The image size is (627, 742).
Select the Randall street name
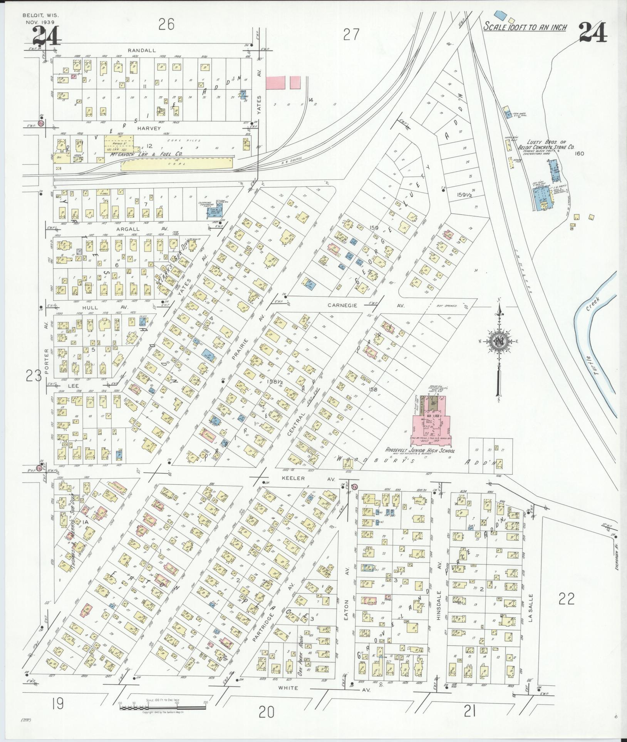(142, 50)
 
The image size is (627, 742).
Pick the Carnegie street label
(343, 305)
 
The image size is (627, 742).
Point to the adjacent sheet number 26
(166, 25)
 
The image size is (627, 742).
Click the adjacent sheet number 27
(351, 35)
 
